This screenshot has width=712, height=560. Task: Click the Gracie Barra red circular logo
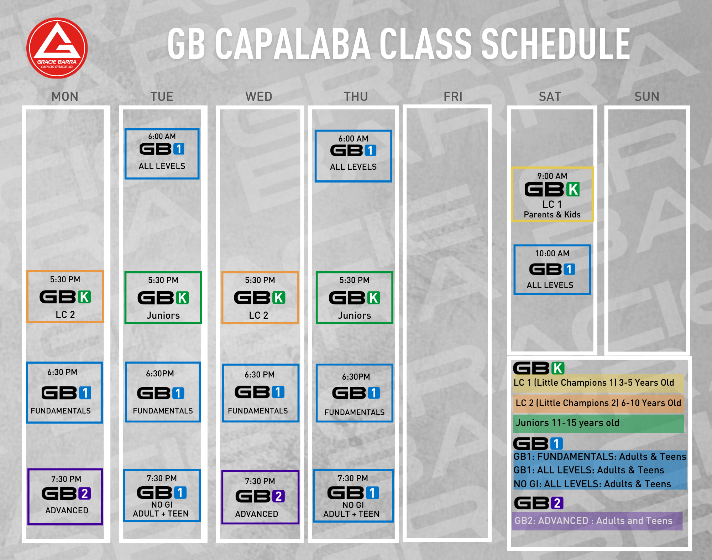point(57,48)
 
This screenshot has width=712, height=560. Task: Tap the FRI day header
point(453,97)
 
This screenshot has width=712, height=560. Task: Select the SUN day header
point(647,97)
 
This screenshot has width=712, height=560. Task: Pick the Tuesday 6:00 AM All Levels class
point(162,154)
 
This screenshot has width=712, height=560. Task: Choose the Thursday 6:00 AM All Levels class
point(354,156)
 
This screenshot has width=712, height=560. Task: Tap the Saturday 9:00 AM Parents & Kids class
point(552,194)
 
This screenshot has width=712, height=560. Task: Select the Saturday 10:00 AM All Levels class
point(552,269)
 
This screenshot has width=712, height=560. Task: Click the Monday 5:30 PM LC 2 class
point(65,297)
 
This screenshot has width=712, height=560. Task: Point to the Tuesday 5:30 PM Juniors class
point(163,298)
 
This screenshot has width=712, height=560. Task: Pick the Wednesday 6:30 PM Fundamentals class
point(260,393)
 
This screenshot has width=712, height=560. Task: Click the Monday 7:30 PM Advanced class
point(65,497)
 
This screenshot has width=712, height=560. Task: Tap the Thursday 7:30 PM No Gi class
point(353,496)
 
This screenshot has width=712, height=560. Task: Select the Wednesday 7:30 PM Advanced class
point(260,497)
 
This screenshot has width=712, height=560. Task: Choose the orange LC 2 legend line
point(598,403)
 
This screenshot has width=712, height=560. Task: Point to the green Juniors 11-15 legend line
point(598,423)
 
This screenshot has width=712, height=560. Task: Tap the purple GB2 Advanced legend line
point(597,521)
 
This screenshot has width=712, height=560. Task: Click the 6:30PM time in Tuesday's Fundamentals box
point(160,374)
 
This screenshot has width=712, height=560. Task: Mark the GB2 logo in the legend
point(539,503)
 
